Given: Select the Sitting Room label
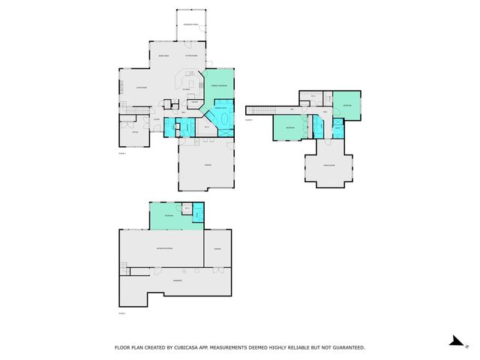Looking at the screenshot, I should click(192, 56).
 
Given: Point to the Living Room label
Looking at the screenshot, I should click(140, 88).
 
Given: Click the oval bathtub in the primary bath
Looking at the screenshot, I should click(222, 118).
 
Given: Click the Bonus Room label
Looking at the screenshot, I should click(328, 164).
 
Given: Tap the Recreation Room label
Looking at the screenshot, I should click(165, 247).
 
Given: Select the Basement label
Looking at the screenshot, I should click(177, 280).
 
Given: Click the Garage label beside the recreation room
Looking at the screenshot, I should click(217, 248).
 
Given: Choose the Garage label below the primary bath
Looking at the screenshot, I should click(207, 164).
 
